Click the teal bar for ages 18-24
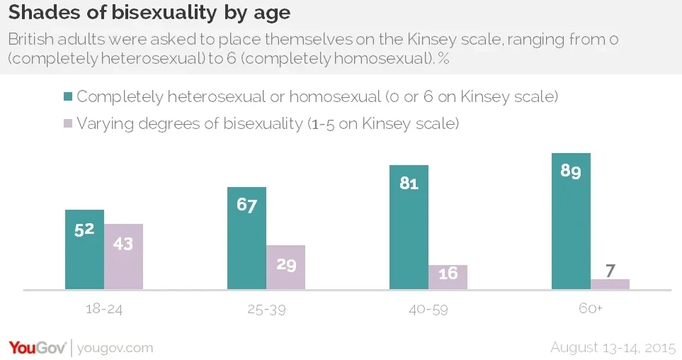coord(84,249)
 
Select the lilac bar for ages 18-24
coord(123,257)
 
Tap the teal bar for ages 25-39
coord(246,238)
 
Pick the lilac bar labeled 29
coord(285,267)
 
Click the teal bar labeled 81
coord(409,227)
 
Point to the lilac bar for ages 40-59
coord(448,277)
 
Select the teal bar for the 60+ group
coord(571,221)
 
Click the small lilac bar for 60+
coord(610,284)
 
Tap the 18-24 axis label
coord(103,310)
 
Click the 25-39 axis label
coord(266,310)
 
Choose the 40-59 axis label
coord(428,310)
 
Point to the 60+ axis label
coord(590,310)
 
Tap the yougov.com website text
coord(114,348)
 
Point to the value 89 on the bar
coord(571,171)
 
